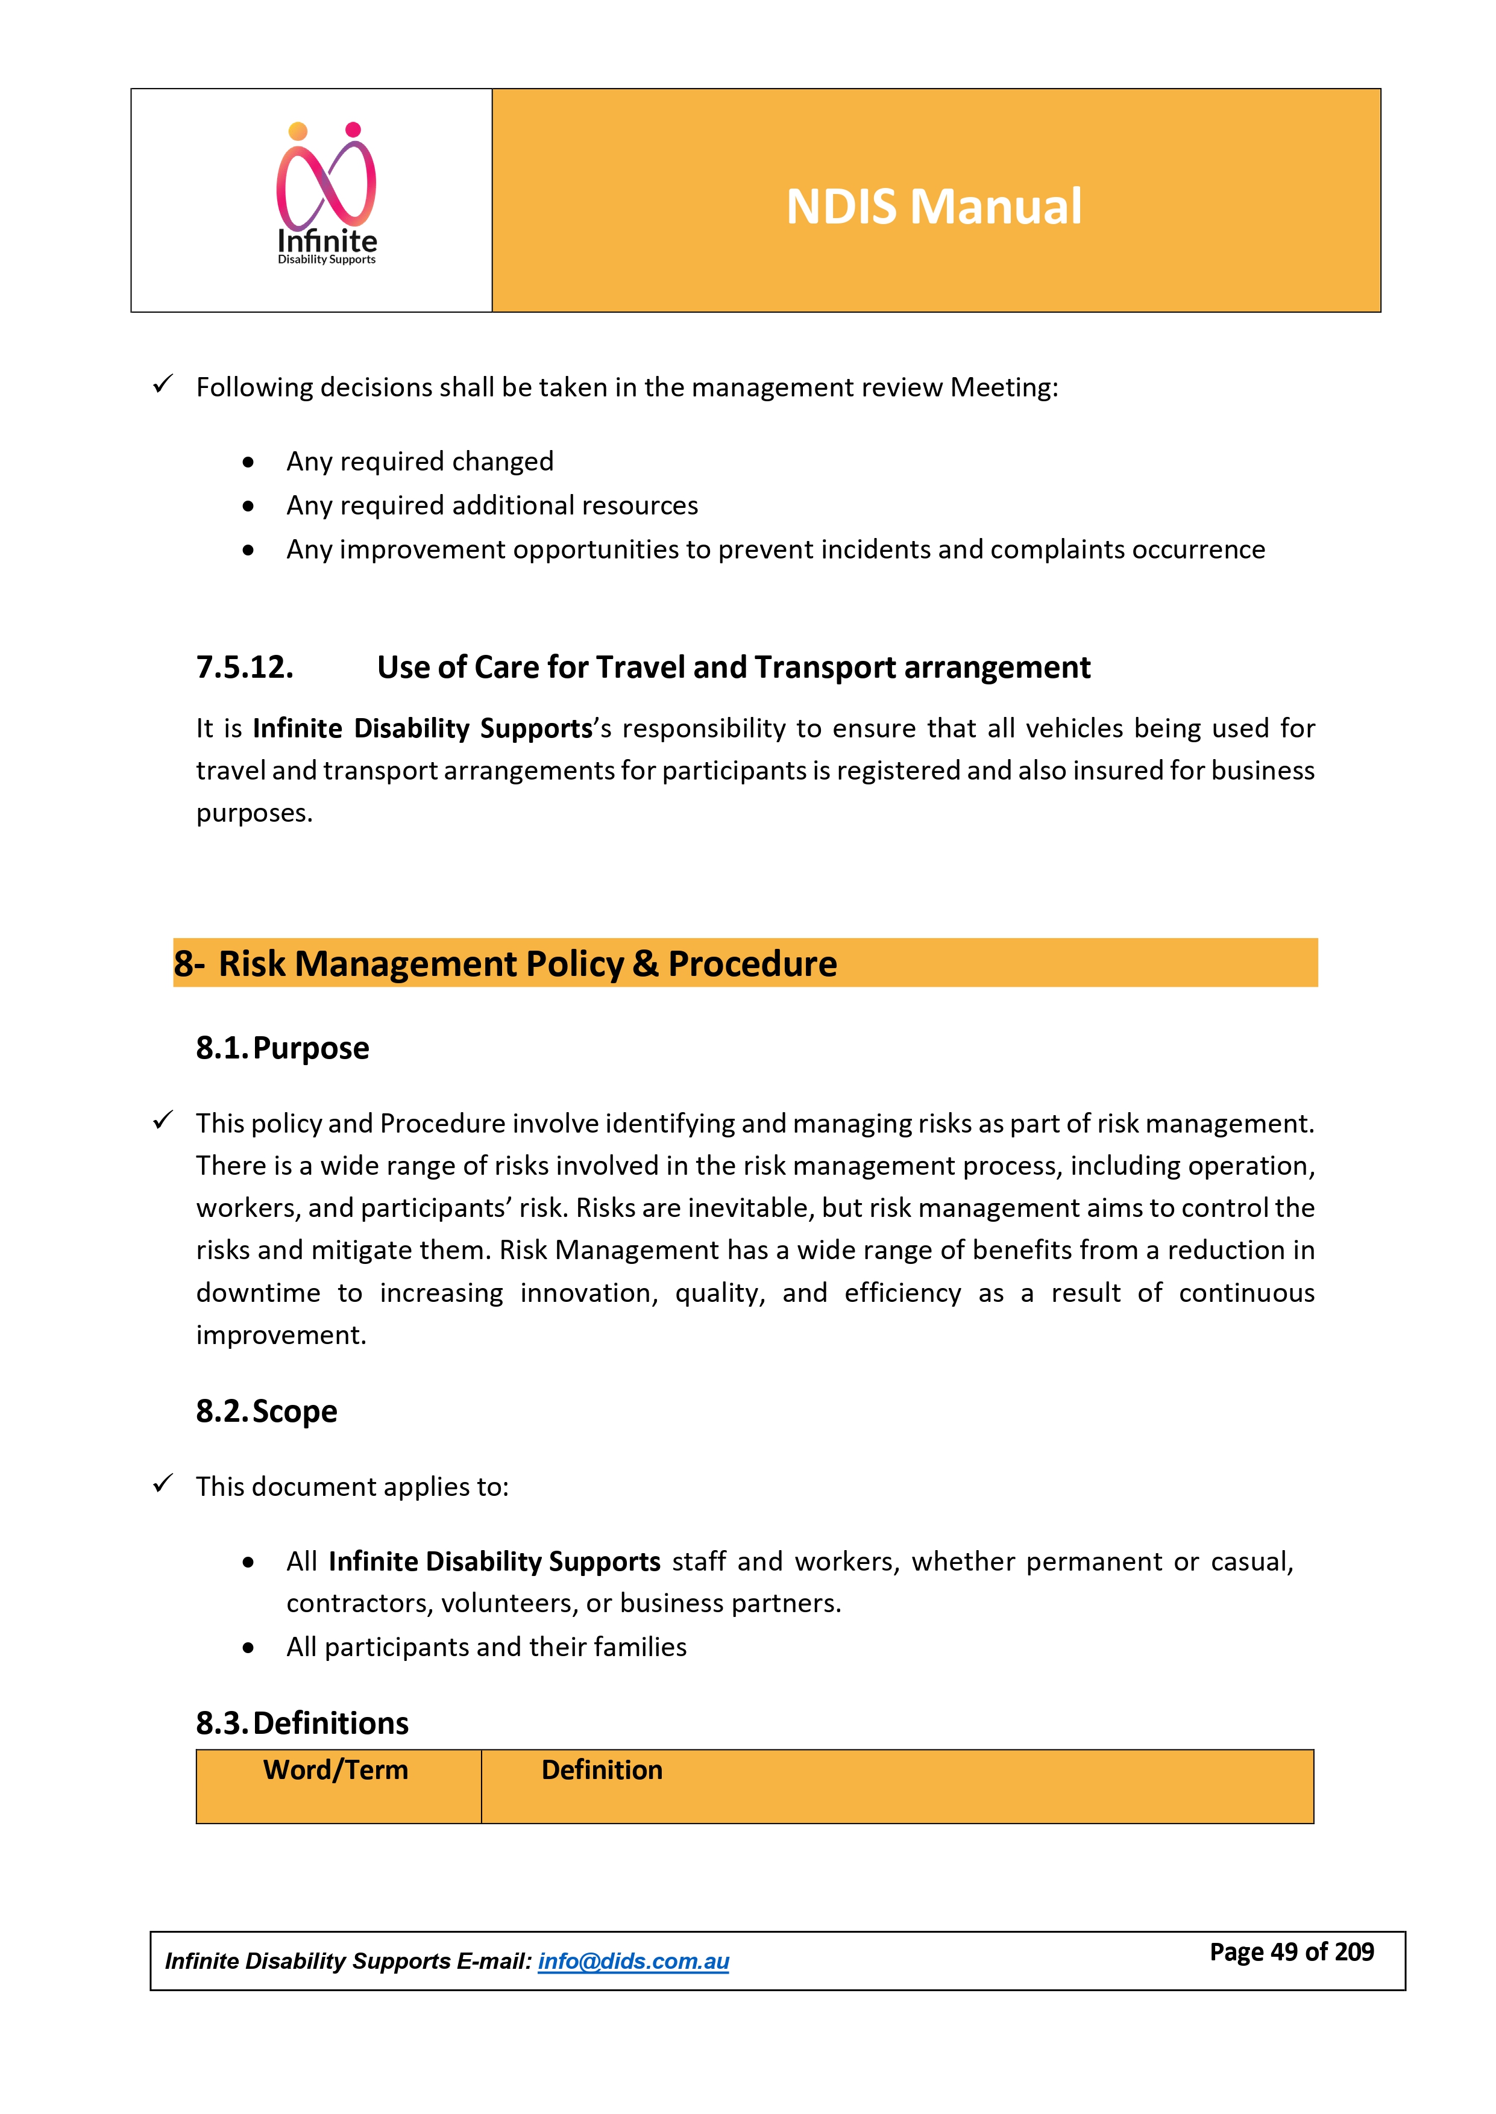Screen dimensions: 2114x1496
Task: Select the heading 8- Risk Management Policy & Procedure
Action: [506, 964]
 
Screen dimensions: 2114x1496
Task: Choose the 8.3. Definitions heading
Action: [302, 1722]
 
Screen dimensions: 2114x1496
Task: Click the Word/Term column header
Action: [335, 1769]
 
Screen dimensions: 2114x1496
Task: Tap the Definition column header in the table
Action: [602, 1769]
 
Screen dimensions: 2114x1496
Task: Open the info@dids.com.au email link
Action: [633, 1961]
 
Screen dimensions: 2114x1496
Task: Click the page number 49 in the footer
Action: [1284, 1952]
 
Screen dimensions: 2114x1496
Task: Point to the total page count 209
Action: [1354, 1952]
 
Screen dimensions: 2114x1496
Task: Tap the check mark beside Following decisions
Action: [163, 385]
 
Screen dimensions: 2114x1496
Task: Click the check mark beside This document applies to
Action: [163, 1484]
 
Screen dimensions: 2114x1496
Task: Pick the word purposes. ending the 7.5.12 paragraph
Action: [254, 813]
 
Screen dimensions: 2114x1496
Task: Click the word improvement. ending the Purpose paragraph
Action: [281, 1335]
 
